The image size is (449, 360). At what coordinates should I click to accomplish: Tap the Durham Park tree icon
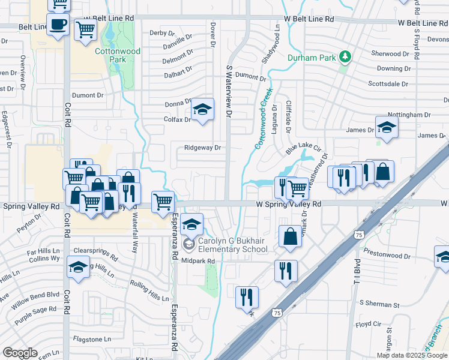point(345,58)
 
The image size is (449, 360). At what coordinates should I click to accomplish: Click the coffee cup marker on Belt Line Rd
point(58,25)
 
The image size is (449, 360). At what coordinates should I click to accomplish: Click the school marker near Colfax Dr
point(203,110)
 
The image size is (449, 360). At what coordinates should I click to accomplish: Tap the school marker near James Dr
point(387,128)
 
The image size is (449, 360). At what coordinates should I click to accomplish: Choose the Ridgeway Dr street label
point(203,148)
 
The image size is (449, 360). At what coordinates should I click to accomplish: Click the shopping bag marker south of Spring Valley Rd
point(290,236)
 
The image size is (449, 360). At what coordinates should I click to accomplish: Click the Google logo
point(20,353)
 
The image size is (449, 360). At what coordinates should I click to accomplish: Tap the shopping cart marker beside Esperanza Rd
point(163,202)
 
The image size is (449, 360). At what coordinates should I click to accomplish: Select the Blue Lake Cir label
point(304,149)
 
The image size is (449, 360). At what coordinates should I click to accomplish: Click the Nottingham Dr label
point(409,115)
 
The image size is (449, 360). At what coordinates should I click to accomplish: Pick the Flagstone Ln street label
point(92,339)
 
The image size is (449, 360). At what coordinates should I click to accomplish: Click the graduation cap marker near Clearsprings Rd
point(77,268)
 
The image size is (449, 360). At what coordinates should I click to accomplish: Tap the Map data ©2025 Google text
point(412,355)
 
